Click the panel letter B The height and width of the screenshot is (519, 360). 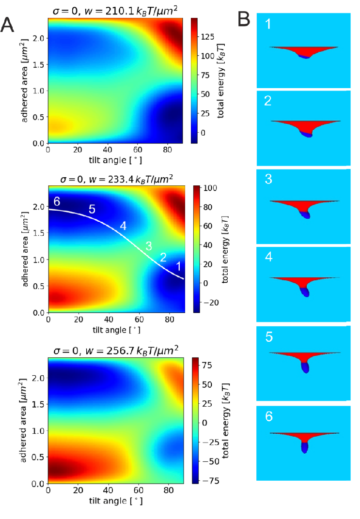pos(244,19)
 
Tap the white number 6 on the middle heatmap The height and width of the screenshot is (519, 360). pos(57,201)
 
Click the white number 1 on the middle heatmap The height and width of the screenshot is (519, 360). pos(178,265)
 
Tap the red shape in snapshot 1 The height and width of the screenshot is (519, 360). pos(303,50)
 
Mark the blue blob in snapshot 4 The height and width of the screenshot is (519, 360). pos(305,291)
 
